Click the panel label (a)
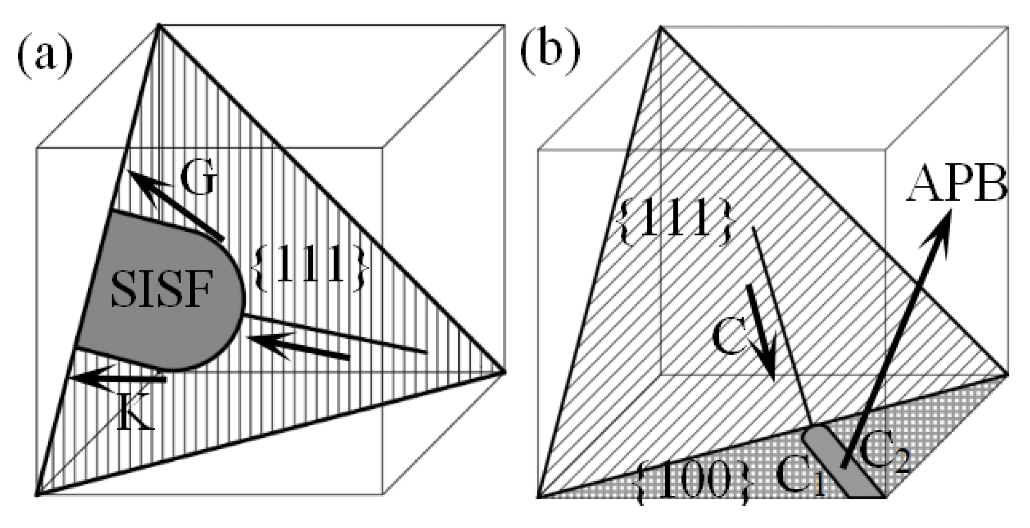(x=45, y=58)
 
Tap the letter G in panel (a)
(x=199, y=178)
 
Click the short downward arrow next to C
(x=761, y=332)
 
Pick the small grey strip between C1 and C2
(x=841, y=463)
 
